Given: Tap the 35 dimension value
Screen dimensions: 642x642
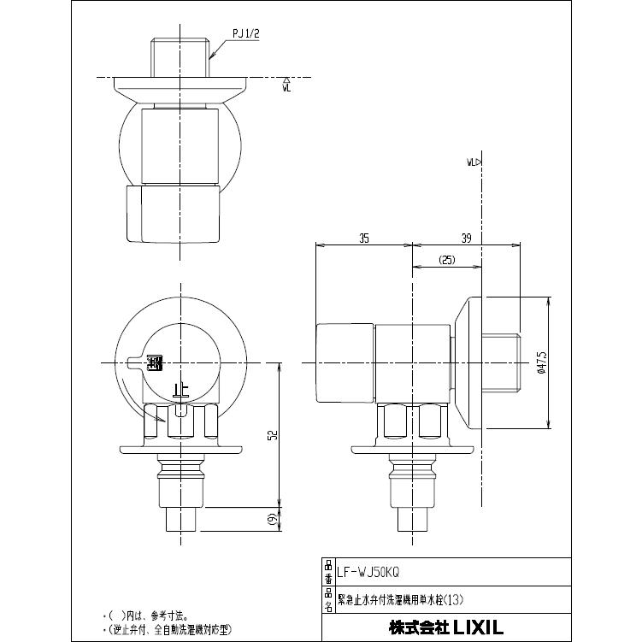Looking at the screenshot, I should tap(364, 239).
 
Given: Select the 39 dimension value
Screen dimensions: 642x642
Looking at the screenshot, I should tap(465, 239).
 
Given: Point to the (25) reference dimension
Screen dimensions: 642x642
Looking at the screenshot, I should tap(447, 259).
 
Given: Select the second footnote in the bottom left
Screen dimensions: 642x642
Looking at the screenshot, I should tap(168, 630).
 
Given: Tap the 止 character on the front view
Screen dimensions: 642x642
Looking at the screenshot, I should tap(180, 391).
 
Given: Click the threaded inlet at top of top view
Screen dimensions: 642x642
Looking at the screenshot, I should tap(180, 56).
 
